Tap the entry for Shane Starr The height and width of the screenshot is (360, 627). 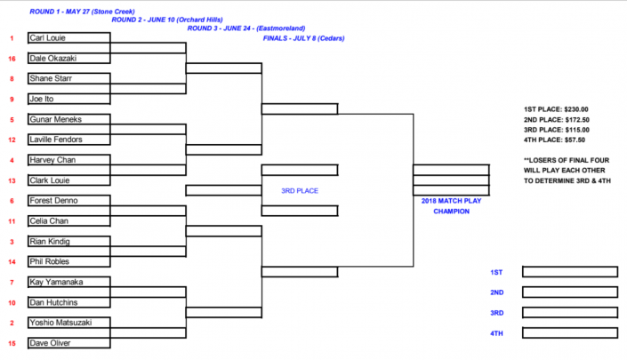(51, 78)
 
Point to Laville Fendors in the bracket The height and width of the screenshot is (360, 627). (56, 140)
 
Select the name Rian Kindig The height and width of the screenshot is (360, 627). (50, 242)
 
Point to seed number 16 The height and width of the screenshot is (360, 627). (12, 59)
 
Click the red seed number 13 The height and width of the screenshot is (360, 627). (12, 180)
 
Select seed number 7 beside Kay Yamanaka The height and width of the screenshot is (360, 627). (12, 282)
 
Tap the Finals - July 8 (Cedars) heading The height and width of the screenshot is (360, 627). (303, 38)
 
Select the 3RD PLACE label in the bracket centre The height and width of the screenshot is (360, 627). (300, 190)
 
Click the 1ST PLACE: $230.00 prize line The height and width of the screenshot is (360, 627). (557, 109)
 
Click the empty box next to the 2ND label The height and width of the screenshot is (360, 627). (569, 292)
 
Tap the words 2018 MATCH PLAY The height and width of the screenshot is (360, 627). (451, 201)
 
